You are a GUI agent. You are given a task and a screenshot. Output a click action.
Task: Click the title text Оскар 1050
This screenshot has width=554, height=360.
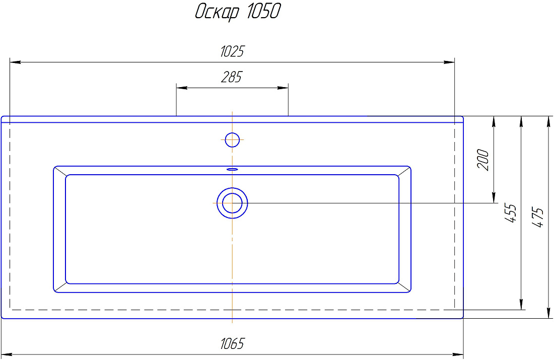click(x=238, y=12)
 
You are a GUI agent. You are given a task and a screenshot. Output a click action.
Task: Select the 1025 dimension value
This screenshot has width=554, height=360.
click(x=232, y=51)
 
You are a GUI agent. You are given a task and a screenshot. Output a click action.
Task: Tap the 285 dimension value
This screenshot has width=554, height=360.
click(x=232, y=77)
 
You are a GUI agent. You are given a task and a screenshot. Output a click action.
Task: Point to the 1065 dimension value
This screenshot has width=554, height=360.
click(x=232, y=343)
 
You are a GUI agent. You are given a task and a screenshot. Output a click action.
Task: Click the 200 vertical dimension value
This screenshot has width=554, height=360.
click(x=483, y=160)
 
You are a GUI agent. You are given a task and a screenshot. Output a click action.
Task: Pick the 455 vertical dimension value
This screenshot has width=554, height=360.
click(x=510, y=212)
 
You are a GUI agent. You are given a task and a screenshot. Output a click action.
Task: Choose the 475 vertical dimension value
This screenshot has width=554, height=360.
click(x=537, y=217)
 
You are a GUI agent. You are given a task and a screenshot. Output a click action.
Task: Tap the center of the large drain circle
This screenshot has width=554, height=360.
click(x=232, y=203)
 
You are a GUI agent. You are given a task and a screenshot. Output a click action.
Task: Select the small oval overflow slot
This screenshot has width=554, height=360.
click(x=232, y=169)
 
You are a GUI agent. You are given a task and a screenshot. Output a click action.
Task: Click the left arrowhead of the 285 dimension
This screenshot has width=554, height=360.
click(x=182, y=88)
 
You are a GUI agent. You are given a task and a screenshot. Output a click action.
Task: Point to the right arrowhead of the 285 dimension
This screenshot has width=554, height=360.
click(x=283, y=88)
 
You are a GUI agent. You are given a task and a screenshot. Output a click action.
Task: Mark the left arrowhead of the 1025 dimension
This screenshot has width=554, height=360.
click(x=15, y=62)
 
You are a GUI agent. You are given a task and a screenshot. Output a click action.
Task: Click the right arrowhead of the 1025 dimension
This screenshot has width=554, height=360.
click(x=449, y=62)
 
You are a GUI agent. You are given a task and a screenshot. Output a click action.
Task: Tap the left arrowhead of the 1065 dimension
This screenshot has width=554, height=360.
click(x=7, y=354)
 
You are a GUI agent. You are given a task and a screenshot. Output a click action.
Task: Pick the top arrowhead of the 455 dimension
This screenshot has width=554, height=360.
click(x=521, y=121)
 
